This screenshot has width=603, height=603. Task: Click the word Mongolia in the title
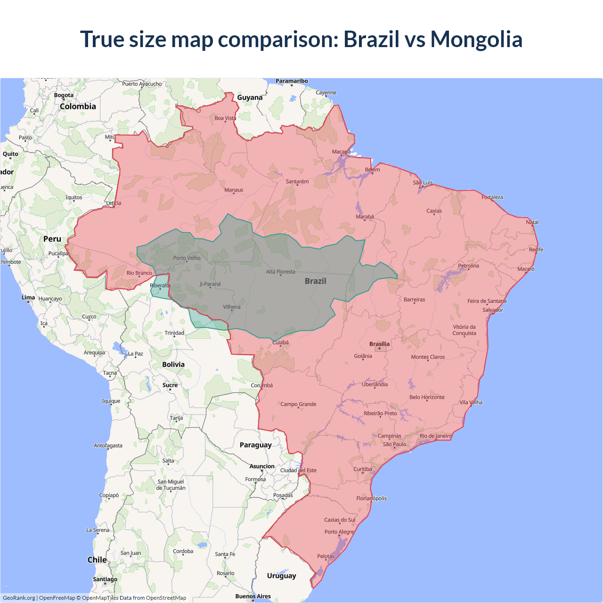pos(476,39)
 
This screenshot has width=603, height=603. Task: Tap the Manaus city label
pos(234,190)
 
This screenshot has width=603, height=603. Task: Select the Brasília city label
pos(379,344)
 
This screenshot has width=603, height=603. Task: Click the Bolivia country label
pos(173,364)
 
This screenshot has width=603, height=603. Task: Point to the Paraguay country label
pos(255,445)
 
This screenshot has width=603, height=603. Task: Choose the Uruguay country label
pos(281,576)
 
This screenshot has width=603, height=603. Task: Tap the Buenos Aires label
pos(253,596)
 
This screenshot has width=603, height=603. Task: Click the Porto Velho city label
pos(187,258)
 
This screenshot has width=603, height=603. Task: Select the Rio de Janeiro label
pos(435,436)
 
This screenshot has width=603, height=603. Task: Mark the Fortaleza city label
pos(492,197)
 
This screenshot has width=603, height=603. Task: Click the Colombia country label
pos(78,106)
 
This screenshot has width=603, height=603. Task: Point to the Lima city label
pos(28,297)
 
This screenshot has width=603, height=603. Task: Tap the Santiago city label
pos(105,579)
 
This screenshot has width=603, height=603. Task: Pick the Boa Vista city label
pos(225,118)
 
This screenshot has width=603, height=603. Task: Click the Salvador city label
pos(493,310)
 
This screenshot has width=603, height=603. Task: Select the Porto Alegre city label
pos(339,532)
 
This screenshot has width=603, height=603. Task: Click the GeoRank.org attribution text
pos(19,598)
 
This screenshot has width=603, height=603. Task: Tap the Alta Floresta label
pos(280,272)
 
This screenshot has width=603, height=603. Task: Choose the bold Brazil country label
pos(315,281)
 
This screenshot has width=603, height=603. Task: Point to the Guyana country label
pos(250,98)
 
